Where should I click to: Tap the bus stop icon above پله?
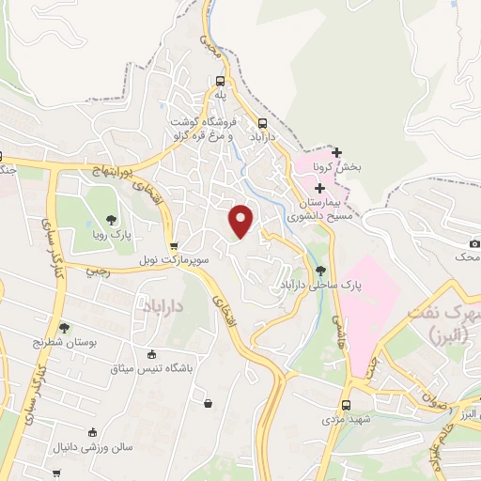[x=220, y=81]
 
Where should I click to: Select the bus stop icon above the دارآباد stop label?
[x=262, y=122]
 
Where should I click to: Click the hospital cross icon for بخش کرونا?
[x=337, y=152]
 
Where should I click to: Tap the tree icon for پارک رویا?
[x=112, y=219]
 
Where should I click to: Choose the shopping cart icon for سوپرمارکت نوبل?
[x=174, y=245]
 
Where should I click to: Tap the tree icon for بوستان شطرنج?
[x=65, y=328]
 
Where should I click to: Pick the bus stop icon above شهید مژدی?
[x=347, y=405]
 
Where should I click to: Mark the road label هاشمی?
[x=334, y=329]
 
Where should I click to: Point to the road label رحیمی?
[x=97, y=272]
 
